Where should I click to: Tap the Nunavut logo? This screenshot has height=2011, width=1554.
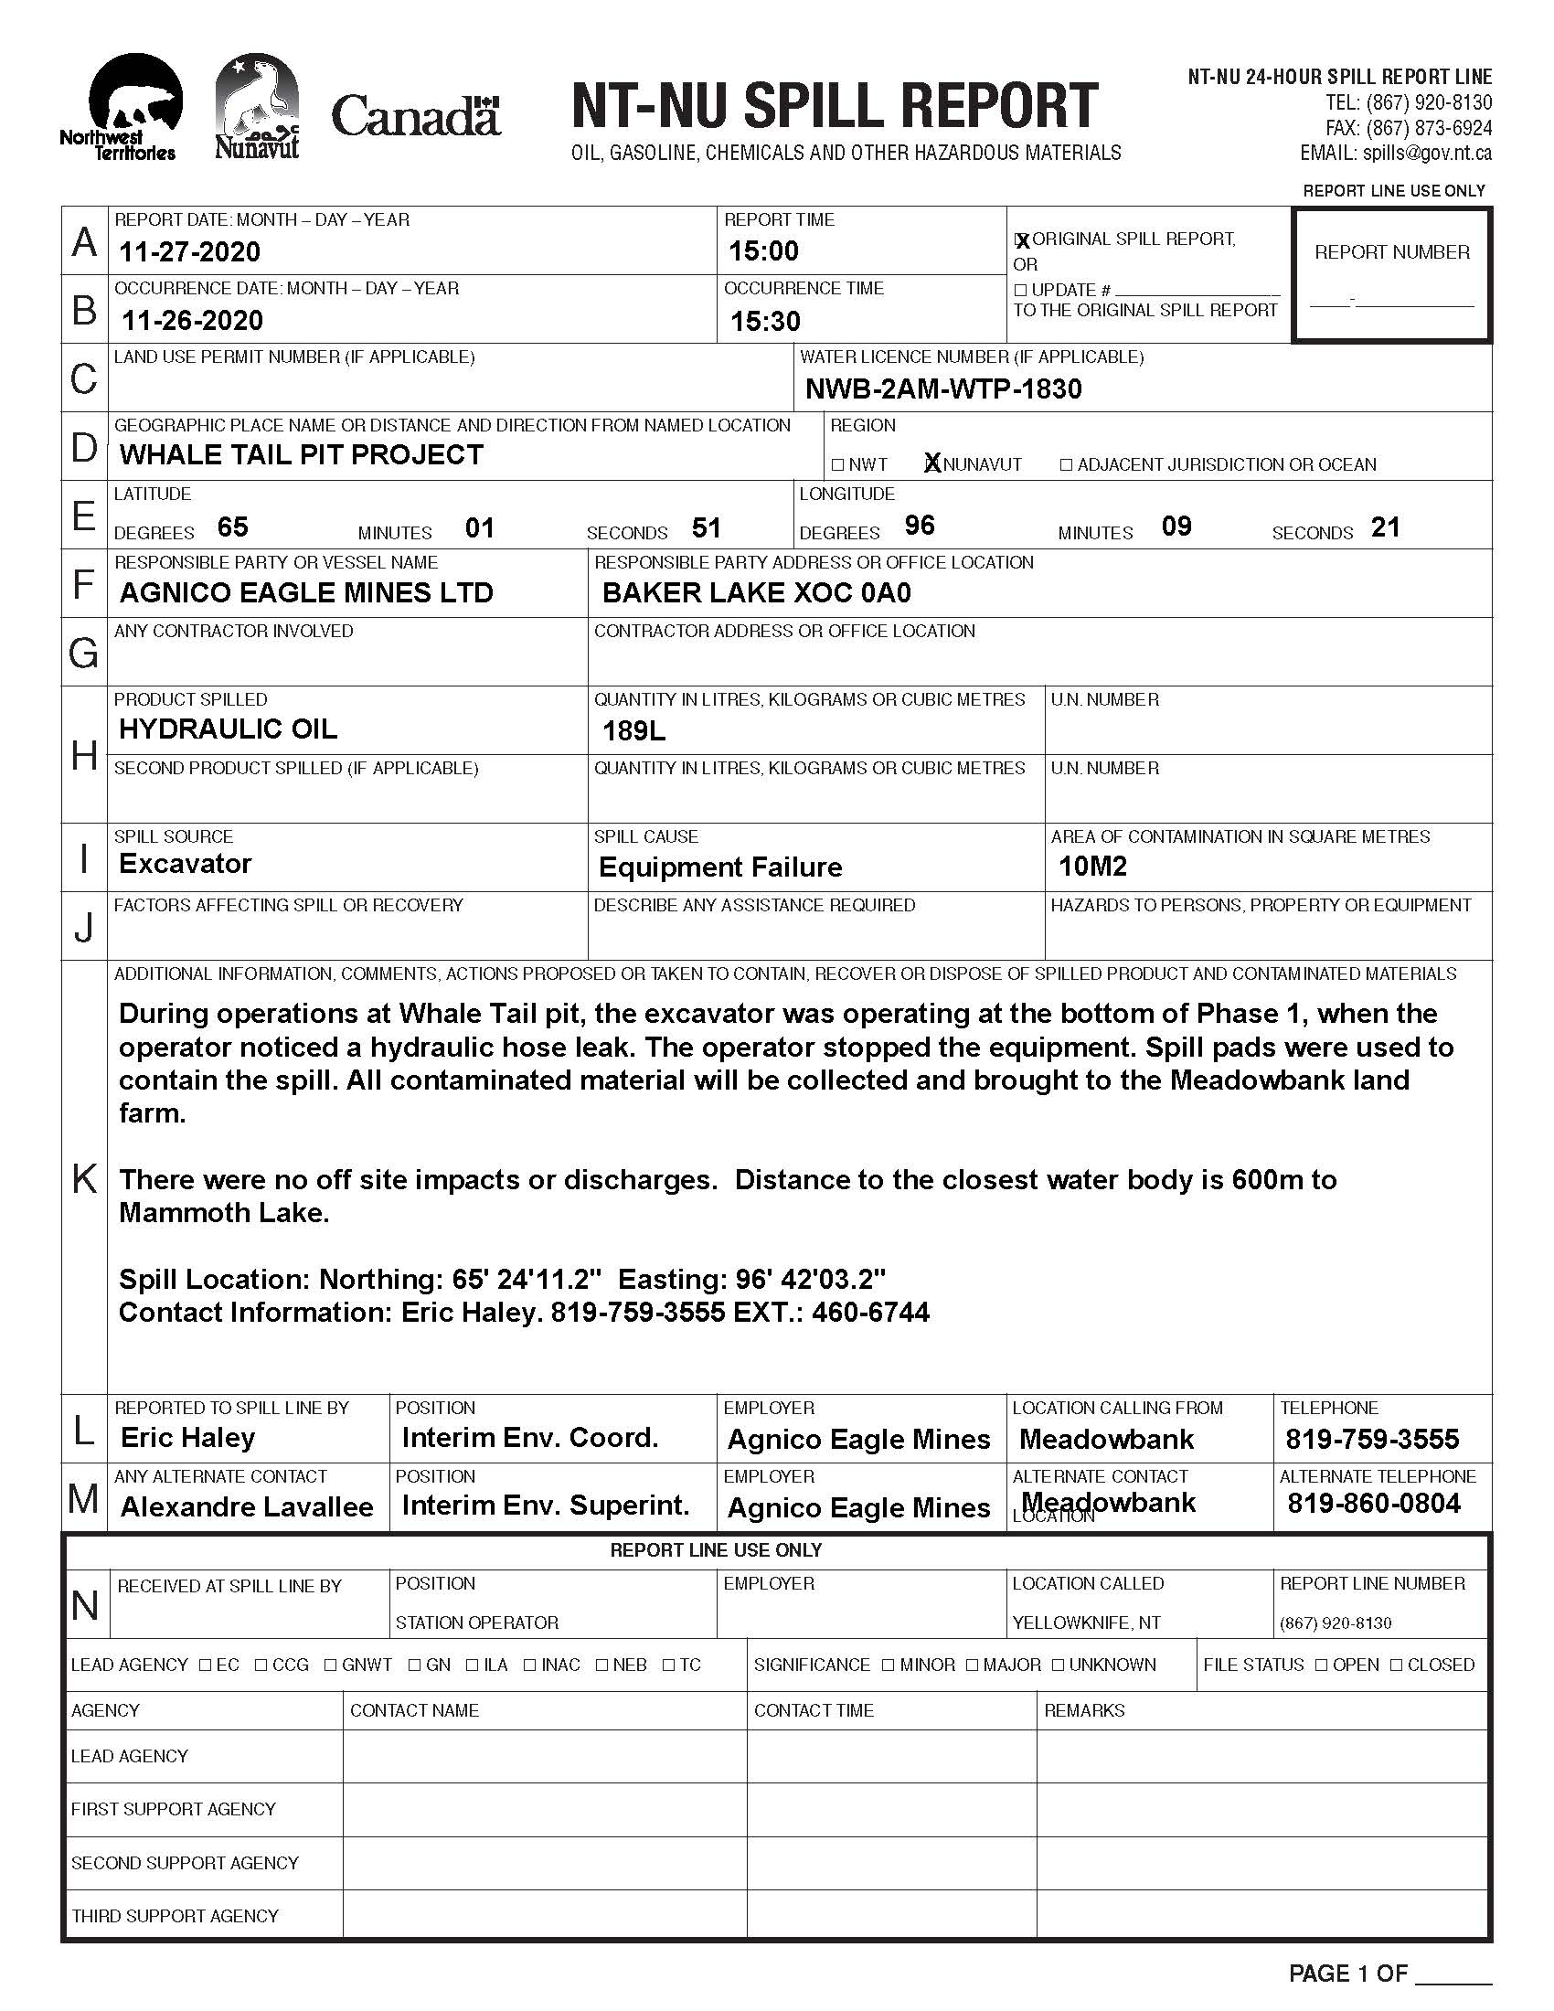click(x=257, y=106)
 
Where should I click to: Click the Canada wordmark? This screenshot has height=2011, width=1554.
click(x=415, y=117)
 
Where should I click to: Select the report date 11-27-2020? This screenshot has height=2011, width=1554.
click(x=189, y=251)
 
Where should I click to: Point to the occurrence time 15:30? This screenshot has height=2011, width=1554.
click(x=765, y=321)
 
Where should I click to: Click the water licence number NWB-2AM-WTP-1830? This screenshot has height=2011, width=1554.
click(x=942, y=388)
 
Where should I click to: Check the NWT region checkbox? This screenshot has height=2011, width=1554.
click(x=837, y=465)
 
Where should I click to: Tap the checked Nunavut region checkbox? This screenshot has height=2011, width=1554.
click(x=932, y=463)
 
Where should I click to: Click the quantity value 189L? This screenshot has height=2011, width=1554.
click(x=633, y=731)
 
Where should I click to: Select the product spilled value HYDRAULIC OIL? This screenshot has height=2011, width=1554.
click(x=228, y=729)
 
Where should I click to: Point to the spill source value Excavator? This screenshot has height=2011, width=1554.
click(x=185, y=864)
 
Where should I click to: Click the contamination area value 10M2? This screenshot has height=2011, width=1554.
click(x=1091, y=866)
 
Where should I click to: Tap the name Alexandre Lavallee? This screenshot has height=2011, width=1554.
click(x=247, y=1507)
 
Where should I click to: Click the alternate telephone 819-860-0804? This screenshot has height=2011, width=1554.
click(x=1374, y=1504)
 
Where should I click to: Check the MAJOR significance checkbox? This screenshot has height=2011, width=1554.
click(x=973, y=1665)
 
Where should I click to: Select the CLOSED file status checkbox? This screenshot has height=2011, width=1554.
click(x=1397, y=1665)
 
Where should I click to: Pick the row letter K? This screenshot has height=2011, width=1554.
click(x=84, y=1177)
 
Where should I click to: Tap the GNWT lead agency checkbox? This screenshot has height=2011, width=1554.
click(x=331, y=1665)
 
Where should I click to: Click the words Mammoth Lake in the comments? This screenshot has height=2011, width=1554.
click(x=224, y=1213)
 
